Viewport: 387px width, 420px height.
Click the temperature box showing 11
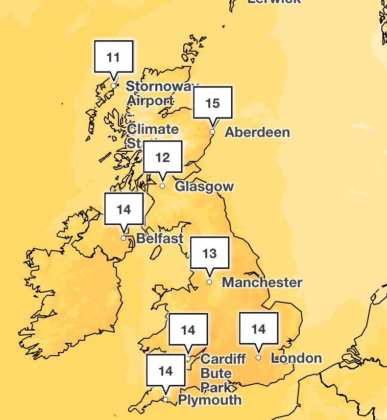(x=114, y=57)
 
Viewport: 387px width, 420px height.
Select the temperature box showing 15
(x=212, y=104)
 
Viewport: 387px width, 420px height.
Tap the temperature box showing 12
(x=162, y=157)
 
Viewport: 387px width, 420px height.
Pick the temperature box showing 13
(x=209, y=253)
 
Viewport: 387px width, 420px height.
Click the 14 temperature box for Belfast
(x=124, y=209)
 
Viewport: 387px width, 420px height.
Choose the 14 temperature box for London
(x=259, y=330)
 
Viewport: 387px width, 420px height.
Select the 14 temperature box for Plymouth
(x=166, y=371)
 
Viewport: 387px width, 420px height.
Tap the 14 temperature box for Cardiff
(x=188, y=330)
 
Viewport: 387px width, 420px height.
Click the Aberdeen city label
(x=257, y=132)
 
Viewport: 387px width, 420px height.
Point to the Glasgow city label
(x=204, y=186)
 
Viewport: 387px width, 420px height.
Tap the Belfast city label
(x=160, y=239)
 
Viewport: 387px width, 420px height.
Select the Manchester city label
(x=262, y=282)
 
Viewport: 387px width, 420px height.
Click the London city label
(x=296, y=358)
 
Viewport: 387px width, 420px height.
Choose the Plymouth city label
(x=209, y=400)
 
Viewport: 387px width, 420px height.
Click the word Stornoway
(x=161, y=86)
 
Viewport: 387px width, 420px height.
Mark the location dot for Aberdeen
(x=212, y=132)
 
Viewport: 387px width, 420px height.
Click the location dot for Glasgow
(x=162, y=186)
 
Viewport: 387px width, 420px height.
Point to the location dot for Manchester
(x=209, y=282)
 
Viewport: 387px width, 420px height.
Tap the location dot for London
(x=258, y=358)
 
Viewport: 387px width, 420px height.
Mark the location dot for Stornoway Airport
(x=113, y=85)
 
